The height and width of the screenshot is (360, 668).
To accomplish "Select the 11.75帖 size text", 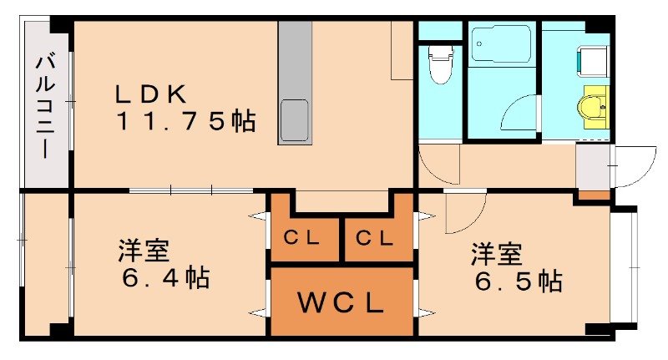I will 185,122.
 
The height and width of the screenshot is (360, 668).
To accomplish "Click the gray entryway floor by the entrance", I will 593,167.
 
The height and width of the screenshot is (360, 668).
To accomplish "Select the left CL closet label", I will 302,238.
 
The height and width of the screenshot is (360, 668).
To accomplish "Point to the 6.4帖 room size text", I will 163,276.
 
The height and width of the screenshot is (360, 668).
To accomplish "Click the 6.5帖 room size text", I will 518,281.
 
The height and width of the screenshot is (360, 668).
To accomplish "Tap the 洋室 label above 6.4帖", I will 144,249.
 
